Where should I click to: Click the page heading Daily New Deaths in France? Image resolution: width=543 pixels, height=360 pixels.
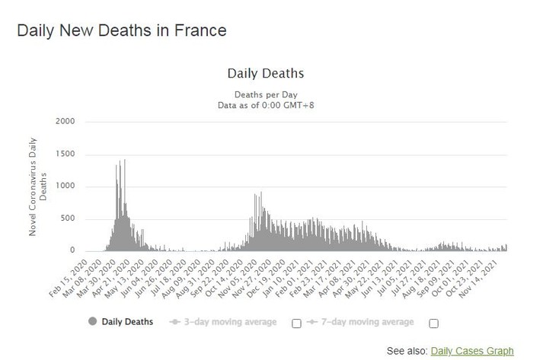(122, 31)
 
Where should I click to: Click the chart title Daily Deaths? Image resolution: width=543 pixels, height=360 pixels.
(266, 74)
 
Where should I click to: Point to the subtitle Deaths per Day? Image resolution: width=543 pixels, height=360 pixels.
(266, 94)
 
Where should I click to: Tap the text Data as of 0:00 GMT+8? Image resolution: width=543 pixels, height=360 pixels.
(266, 104)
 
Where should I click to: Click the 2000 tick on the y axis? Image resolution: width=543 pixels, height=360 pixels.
(65, 122)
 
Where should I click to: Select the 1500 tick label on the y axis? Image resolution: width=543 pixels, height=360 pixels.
(65, 154)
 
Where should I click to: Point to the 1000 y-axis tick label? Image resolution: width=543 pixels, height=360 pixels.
(65, 186)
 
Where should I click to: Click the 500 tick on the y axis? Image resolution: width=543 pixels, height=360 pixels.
(68, 219)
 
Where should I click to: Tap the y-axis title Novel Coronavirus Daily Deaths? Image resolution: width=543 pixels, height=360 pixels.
(37, 186)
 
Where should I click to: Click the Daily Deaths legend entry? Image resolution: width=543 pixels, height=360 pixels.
(127, 322)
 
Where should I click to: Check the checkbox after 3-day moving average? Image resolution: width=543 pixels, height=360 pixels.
(296, 323)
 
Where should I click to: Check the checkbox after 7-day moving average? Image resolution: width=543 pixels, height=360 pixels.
(433, 323)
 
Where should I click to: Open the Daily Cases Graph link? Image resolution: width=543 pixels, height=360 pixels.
(472, 351)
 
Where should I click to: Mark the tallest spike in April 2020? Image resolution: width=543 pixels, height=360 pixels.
(124, 161)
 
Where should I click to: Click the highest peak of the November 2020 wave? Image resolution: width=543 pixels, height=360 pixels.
(261, 193)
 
